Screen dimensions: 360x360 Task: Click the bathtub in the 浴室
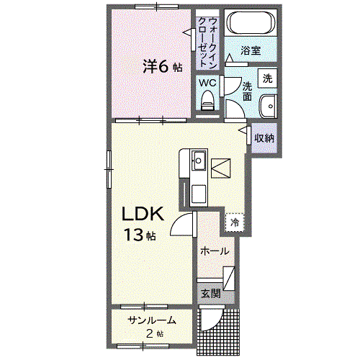251,23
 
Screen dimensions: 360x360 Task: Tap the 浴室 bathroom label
251,50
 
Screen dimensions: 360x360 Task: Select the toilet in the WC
207,101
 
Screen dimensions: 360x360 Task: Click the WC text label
207,83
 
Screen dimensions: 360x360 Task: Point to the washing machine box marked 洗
268,78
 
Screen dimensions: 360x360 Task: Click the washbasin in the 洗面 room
269,107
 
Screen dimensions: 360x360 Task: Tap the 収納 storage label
264,138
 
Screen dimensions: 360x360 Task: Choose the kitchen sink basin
199,161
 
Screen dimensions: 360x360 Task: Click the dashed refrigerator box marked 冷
235,222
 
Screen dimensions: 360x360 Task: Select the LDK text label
143,214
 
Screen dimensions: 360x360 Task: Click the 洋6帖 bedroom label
163,67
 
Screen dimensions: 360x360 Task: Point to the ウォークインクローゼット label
208,42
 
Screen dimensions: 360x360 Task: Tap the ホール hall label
215,251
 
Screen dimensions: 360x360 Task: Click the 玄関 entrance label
210,293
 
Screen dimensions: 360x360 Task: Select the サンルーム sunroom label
152,320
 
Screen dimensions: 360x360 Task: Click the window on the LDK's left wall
109,169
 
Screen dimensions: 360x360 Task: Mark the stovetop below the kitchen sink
199,194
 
